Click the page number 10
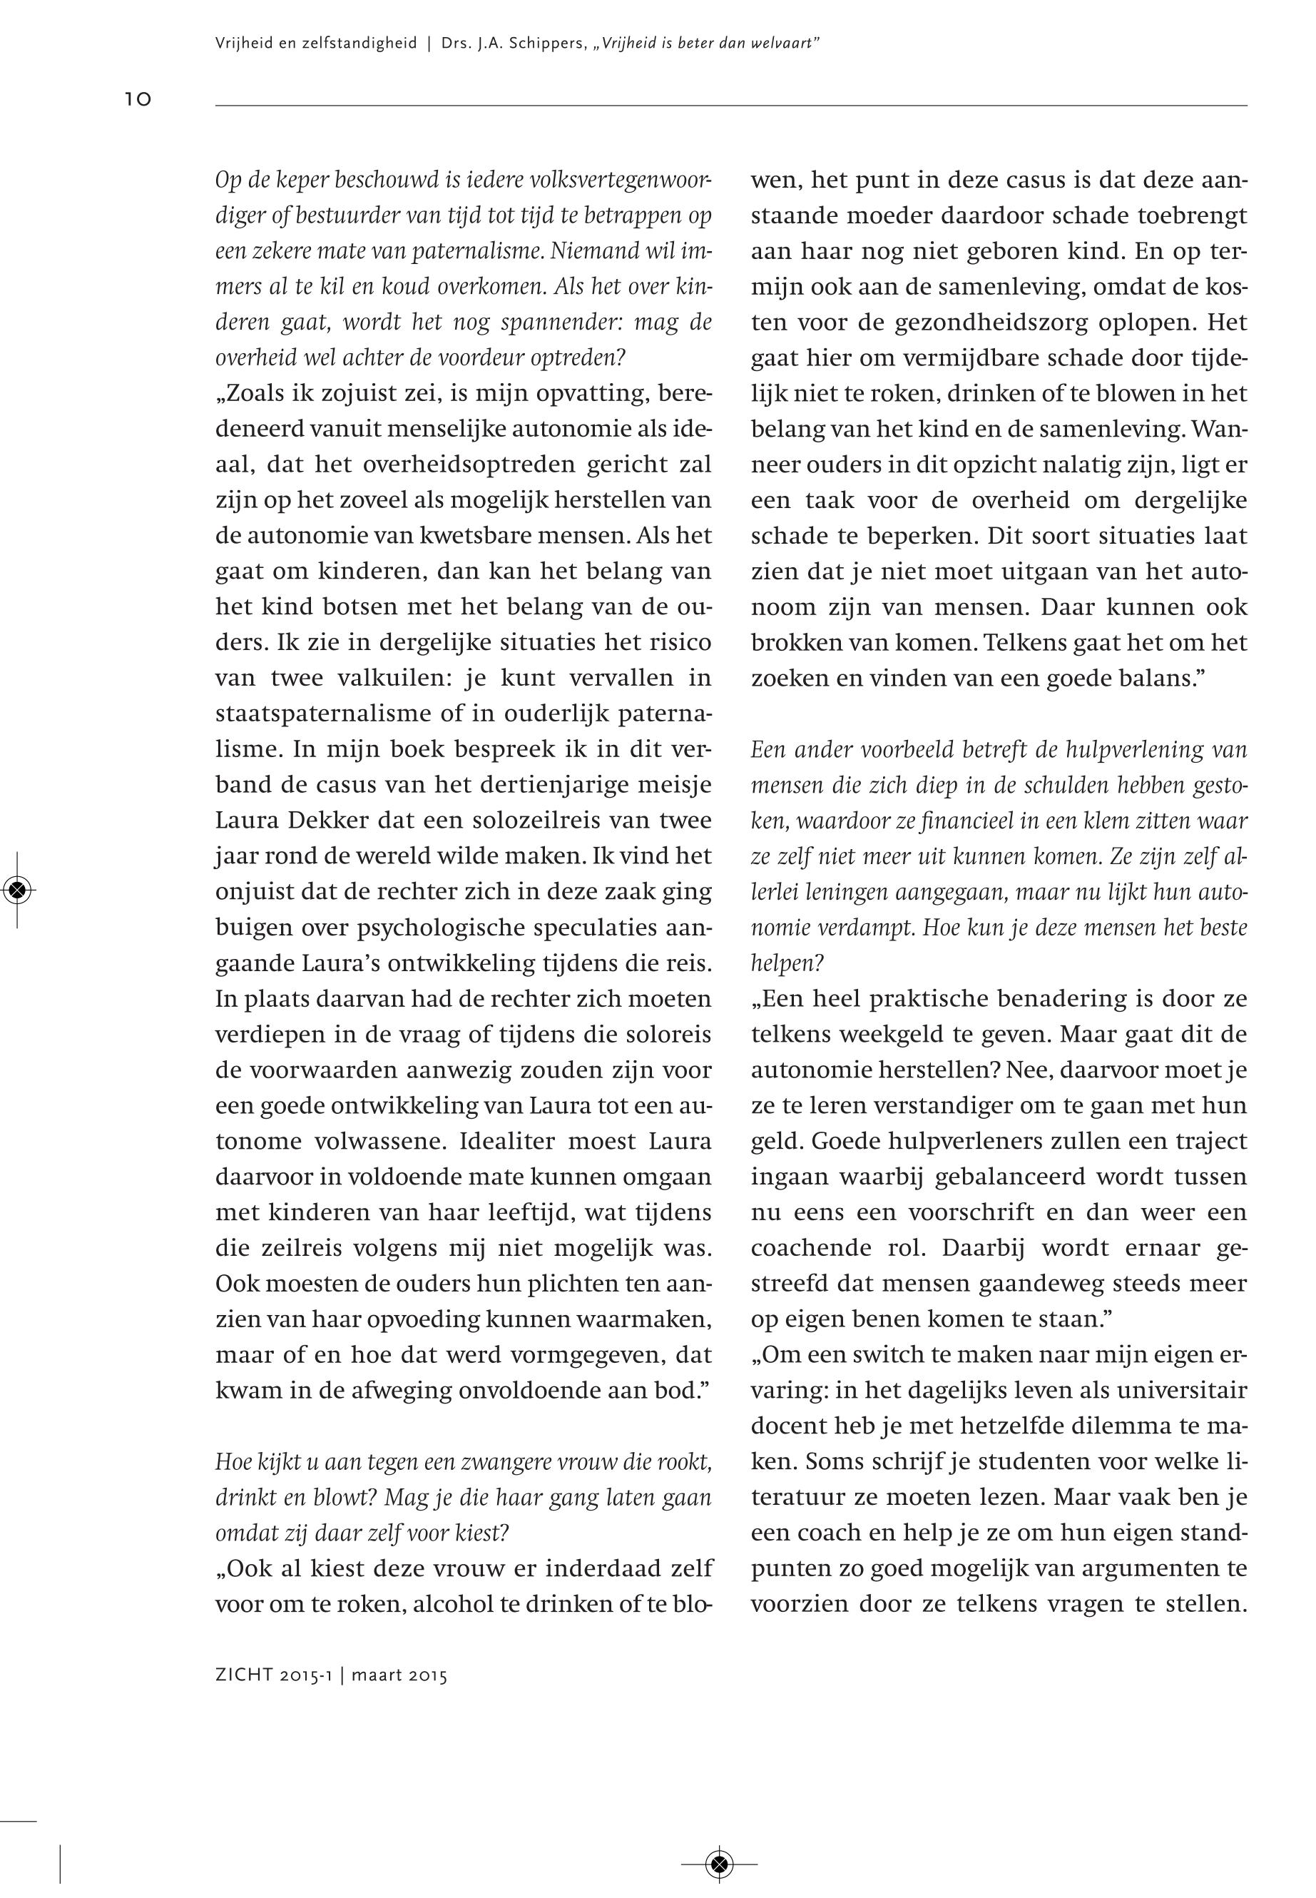click(x=138, y=100)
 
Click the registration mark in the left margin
click(x=18, y=889)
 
